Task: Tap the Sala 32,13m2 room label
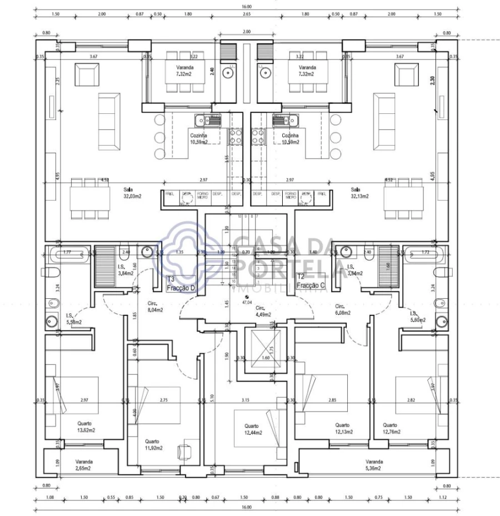[359, 192]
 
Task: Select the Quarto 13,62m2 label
[86, 426]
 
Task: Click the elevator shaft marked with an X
[264, 349]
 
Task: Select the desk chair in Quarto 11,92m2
[184, 452]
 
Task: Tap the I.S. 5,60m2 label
[417, 317]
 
